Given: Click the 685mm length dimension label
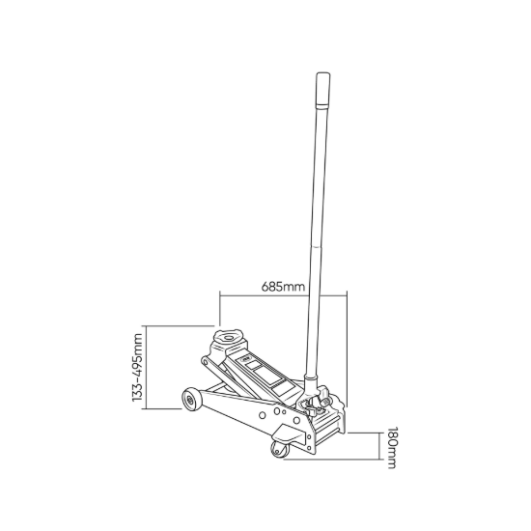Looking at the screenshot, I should tap(283, 287).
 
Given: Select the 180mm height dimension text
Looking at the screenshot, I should tap(392, 449).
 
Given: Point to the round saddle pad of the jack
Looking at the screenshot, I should tap(228, 338).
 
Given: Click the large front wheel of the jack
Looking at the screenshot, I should tap(191, 400).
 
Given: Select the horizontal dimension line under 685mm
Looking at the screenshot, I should tap(283, 295).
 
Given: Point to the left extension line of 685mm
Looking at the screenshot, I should tap(220, 309).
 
